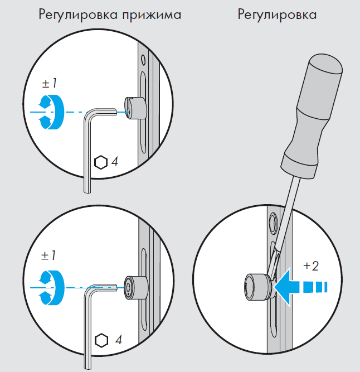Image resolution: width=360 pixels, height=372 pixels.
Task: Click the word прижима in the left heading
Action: click(x=152, y=15)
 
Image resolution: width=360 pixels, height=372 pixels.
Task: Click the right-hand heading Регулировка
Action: click(x=277, y=15)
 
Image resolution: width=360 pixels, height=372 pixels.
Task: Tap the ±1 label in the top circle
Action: click(x=49, y=84)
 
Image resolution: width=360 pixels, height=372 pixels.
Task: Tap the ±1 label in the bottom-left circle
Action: click(x=48, y=256)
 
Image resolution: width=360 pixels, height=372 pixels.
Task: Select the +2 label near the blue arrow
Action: click(x=311, y=266)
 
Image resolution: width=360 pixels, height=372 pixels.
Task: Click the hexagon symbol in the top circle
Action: click(x=101, y=162)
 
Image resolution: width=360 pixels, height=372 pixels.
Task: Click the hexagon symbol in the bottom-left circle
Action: click(x=101, y=341)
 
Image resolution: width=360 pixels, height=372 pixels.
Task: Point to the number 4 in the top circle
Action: click(x=115, y=162)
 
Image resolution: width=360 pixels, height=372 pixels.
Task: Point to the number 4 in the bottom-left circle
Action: click(x=119, y=340)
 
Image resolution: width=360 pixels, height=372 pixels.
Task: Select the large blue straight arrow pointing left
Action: click(x=300, y=287)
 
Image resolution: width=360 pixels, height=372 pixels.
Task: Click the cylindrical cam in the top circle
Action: click(x=135, y=108)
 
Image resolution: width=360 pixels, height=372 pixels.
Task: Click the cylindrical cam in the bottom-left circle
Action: click(x=136, y=288)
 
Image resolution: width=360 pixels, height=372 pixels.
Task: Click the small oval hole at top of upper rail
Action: click(x=143, y=59)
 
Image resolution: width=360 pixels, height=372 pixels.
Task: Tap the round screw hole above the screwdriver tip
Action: click(x=273, y=220)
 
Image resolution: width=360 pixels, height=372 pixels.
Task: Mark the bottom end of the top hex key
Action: click(x=87, y=192)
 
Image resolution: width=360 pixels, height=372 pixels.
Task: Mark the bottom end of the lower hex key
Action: click(x=88, y=369)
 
